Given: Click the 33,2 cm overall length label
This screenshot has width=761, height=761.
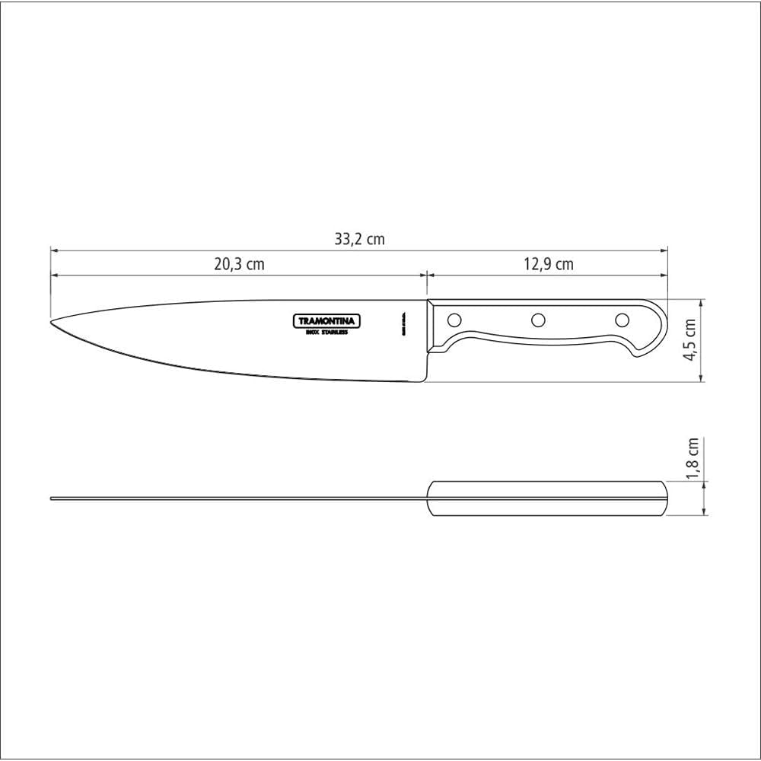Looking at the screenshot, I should (359, 239).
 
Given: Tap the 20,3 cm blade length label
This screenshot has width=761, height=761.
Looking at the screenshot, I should (238, 265).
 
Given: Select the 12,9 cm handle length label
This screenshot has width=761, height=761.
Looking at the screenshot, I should (549, 265).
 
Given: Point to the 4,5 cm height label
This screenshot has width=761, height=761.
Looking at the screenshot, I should (691, 339).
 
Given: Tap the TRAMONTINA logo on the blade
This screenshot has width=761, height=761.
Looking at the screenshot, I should (327, 321).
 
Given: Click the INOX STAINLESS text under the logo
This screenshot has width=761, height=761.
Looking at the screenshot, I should (327, 333).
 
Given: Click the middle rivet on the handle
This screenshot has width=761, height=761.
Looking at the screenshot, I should (538, 320).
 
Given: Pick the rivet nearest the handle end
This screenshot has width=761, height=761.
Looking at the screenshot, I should (622, 320).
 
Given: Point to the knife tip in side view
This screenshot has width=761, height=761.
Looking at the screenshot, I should (52, 322).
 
